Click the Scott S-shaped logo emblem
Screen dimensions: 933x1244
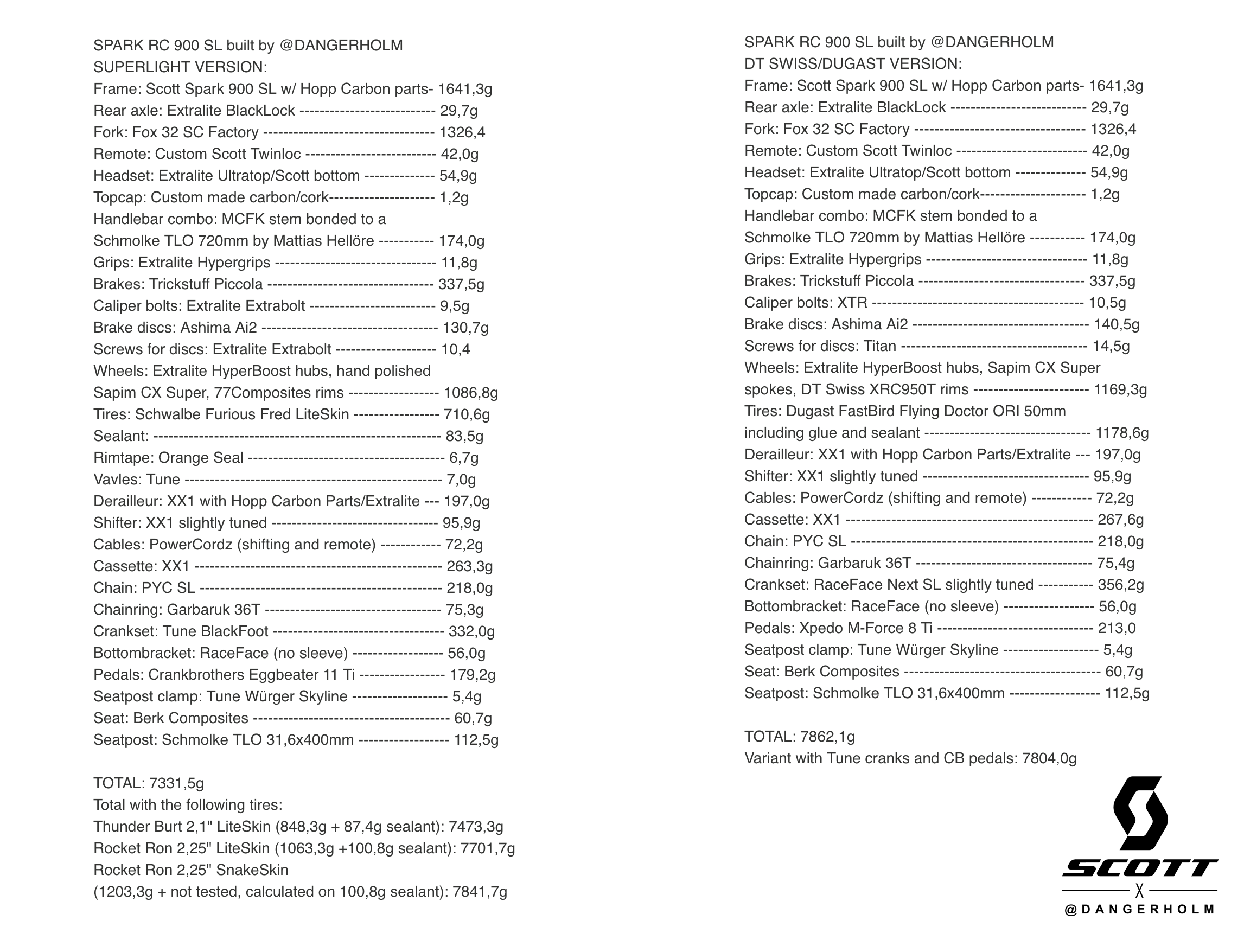(1140, 813)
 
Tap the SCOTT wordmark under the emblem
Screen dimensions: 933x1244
(1139, 868)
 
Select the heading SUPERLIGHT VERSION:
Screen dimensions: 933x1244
(180, 67)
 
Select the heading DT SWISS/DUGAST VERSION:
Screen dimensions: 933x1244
(853, 64)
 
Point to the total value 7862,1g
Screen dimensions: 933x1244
(827, 737)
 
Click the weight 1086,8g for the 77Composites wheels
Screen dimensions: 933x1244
(471, 393)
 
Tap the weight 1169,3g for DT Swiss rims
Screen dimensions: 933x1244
(1120, 389)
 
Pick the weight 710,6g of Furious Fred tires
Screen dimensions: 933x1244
(467, 414)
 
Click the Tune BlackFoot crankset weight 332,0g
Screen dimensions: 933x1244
(471, 631)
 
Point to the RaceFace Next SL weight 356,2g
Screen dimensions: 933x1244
(1120, 585)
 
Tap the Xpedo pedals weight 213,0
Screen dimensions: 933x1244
(1117, 628)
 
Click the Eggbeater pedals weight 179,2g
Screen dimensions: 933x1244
(472, 675)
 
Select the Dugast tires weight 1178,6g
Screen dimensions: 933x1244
(1121, 433)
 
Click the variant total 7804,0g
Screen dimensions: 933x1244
(1049, 759)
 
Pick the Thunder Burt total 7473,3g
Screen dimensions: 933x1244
(476, 827)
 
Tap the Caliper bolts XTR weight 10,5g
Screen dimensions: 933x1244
(1107, 303)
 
